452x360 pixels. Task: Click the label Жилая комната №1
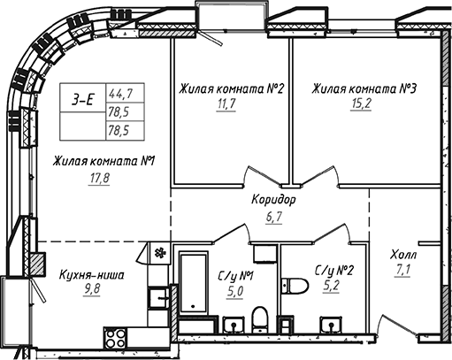(x=104, y=162)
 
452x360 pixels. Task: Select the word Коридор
(x=273, y=199)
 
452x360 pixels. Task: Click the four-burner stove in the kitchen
(x=116, y=337)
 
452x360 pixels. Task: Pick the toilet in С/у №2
(x=295, y=285)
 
